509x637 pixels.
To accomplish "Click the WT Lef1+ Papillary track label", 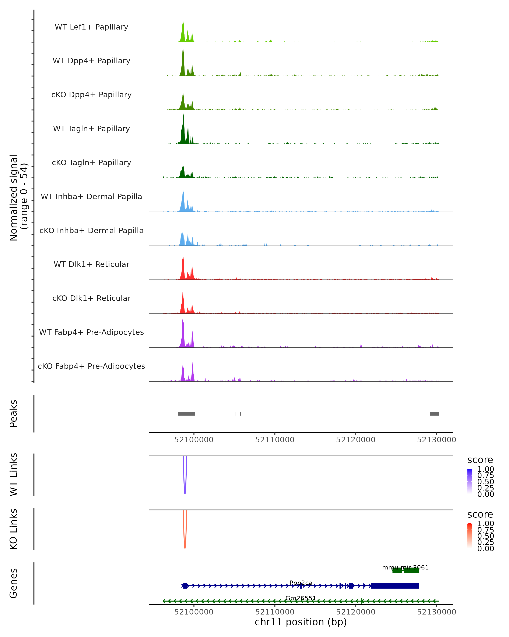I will point(91,27).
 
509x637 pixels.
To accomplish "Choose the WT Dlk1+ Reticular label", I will point(91,264).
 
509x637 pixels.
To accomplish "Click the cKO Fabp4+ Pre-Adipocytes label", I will point(91,366).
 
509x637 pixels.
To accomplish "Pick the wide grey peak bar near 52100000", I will point(186,414).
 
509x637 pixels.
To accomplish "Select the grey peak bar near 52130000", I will point(434,414).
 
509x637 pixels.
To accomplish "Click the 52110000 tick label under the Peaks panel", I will point(275,440).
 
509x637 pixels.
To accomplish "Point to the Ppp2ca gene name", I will point(301,583).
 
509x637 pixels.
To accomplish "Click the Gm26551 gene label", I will point(301,598).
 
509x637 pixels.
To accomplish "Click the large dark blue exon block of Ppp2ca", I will point(394,586).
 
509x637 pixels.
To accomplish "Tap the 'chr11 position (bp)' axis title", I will point(301,622).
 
